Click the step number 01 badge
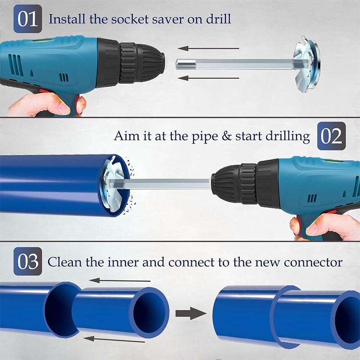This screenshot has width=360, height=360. point(28,19)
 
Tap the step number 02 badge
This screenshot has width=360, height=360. point(332,136)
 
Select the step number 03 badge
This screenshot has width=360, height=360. point(28,261)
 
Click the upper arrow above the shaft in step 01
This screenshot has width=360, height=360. point(208,48)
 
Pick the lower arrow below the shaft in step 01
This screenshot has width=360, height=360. point(208,78)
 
